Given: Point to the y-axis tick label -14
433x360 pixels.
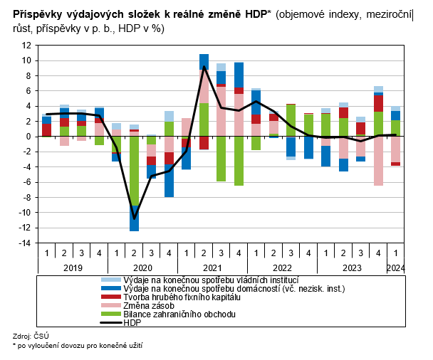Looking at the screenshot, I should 24,243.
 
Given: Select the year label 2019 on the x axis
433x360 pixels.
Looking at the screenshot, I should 73,268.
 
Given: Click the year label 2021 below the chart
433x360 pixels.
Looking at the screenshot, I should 212,268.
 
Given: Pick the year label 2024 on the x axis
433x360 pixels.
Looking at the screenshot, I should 395,268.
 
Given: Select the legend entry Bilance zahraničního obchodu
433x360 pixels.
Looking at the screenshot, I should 179,314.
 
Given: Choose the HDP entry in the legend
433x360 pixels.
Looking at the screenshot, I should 132,322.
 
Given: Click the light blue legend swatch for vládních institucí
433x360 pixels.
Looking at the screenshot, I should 110,280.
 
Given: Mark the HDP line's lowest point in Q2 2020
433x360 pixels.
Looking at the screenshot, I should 134,218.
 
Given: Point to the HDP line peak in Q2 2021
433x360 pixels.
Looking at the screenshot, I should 204,66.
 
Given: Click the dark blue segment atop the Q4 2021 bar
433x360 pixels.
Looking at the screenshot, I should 239,75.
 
